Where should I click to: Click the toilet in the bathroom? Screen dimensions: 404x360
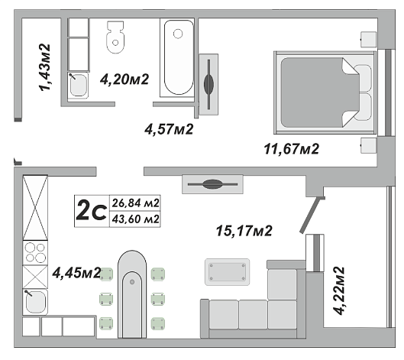pos(115,37)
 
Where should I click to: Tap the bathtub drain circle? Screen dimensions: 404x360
pos(178,34)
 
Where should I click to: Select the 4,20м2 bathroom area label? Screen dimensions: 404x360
pos(124,79)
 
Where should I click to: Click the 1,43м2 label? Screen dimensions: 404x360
pos(45,67)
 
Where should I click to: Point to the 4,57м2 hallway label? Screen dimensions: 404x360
pos(169,129)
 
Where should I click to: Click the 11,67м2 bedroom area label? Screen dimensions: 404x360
pos(292,149)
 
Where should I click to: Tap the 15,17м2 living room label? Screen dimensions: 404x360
pos(244,231)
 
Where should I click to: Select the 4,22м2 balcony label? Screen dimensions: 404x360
pos(339,290)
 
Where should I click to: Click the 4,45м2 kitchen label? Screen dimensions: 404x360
pos(76,273)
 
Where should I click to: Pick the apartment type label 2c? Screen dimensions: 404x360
pos(92,211)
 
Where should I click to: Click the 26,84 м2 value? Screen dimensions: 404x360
pos(135,203)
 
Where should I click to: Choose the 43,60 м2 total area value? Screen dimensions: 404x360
pos(135,219)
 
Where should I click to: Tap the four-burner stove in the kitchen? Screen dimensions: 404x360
pos(35,252)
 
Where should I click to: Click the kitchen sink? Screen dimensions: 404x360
pos(35,302)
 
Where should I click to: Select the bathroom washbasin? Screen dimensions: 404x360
pos(78,85)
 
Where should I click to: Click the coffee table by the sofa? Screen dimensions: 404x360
pos(227,272)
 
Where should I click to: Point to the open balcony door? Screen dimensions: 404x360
pos(312,216)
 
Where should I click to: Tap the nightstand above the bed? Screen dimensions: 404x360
pos(368,40)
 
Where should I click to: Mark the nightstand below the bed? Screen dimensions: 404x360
pos(368,146)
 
